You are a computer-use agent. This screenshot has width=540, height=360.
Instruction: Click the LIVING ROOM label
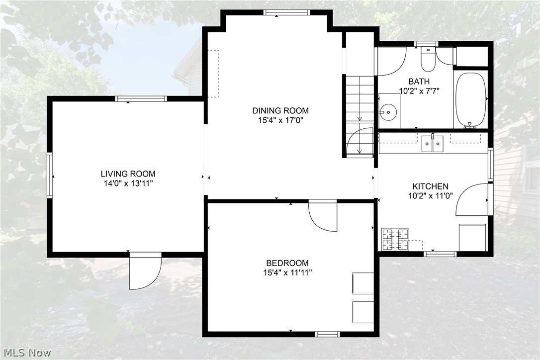[128, 174]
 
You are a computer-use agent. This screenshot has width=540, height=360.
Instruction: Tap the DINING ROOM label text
[280, 110]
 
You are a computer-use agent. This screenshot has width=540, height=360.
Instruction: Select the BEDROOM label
[287, 263]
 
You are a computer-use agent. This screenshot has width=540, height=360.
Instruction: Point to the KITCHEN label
[430, 186]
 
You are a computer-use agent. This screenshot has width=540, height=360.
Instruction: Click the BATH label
[419, 82]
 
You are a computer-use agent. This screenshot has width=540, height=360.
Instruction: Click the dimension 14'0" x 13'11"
[128, 183]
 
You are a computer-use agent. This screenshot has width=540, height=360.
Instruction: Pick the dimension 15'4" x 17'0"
[280, 120]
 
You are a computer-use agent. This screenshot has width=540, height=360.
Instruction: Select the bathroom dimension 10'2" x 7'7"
[419, 91]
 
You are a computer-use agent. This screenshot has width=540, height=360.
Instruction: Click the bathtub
[470, 100]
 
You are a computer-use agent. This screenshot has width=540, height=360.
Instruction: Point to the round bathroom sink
[388, 111]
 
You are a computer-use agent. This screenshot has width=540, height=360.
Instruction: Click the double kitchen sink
[433, 144]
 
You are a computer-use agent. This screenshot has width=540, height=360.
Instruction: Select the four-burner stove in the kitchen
[395, 239]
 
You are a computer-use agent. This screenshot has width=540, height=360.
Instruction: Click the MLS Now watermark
[27, 353]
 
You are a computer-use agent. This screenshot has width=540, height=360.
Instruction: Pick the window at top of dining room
[286, 12]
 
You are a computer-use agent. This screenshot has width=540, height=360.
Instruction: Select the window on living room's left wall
[50, 176]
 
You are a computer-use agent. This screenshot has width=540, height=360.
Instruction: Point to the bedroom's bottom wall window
[328, 334]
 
